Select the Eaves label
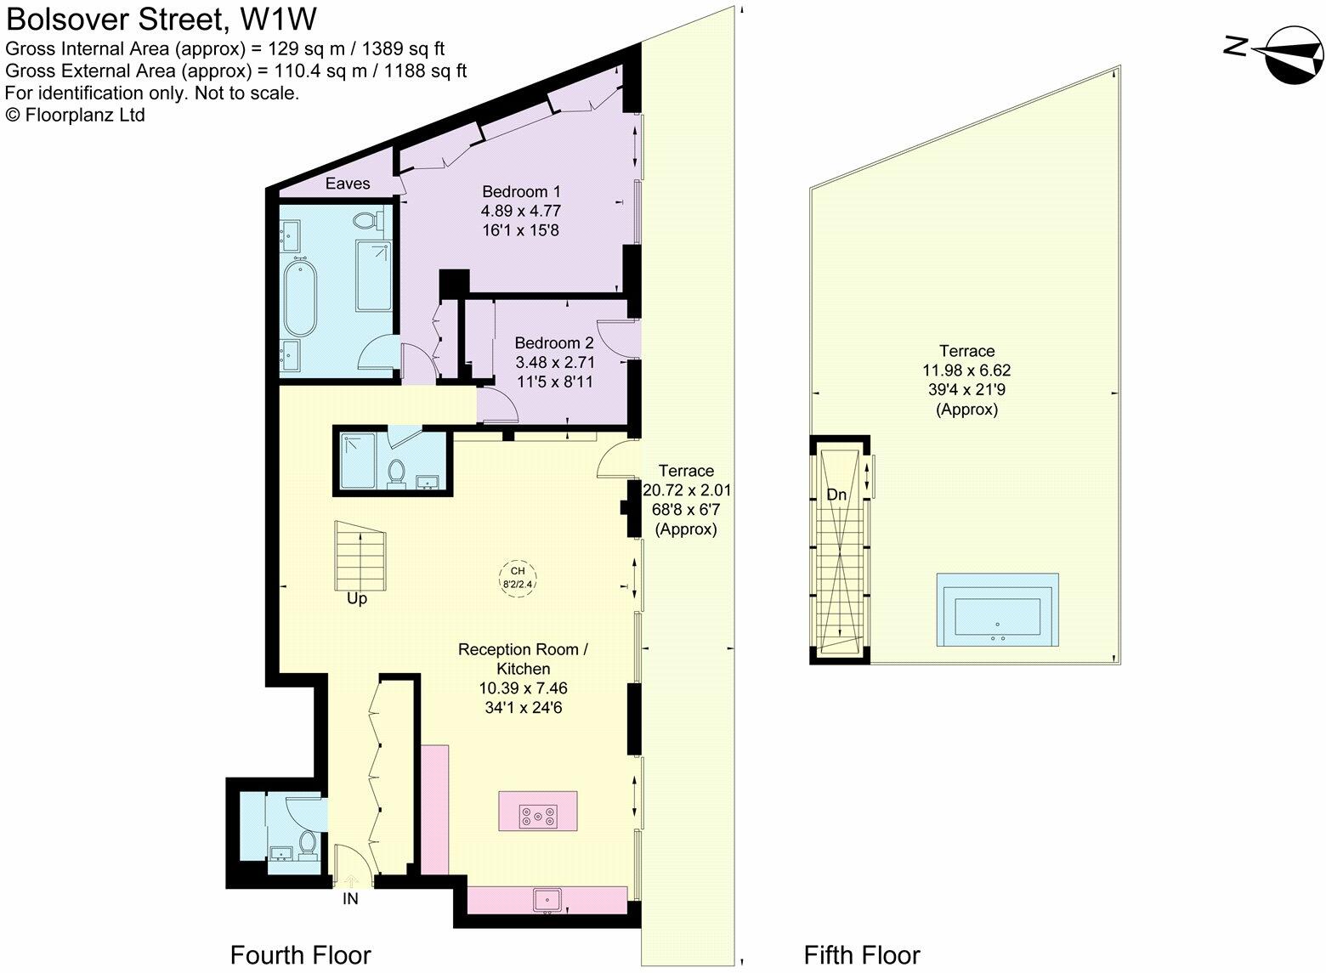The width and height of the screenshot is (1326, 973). click(x=348, y=183)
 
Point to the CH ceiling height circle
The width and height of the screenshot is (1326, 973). click(x=517, y=577)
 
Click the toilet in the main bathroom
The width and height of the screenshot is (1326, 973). click(x=365, y=221)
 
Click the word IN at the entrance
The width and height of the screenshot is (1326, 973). click(x=350, y=898)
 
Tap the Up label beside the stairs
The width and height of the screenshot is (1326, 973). click(x=357, y=598)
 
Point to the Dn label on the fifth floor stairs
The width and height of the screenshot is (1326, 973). click(x=836, y=495)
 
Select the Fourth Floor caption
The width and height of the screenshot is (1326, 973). click(x=301, y=954)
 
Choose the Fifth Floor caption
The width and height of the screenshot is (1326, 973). click(x=862, y=954)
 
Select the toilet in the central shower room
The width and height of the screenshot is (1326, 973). click(x=395, y=472)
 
